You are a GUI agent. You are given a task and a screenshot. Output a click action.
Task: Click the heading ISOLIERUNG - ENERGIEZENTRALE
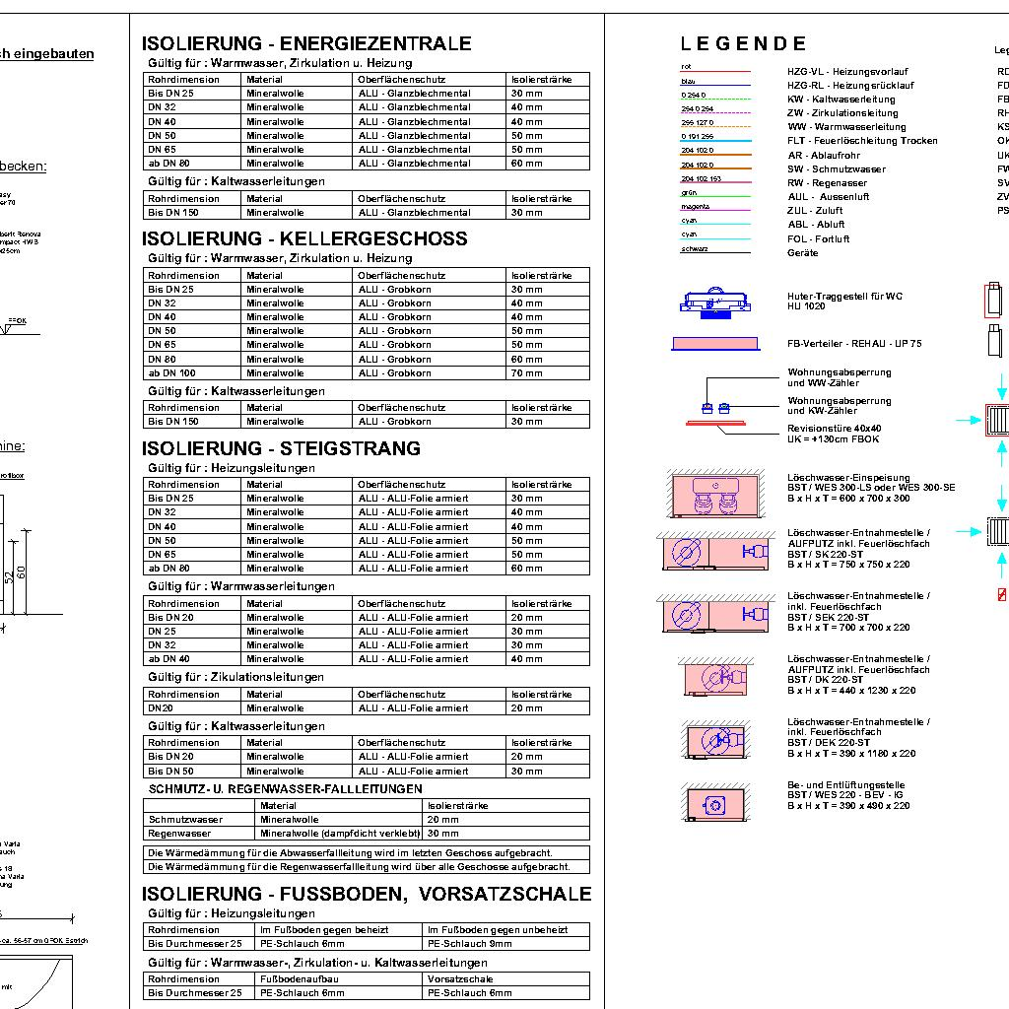click(306, 43)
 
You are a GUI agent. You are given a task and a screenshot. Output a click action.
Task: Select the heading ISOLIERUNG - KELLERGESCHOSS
click(304, 238)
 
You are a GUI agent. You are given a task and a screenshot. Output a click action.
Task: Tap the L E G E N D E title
click(743, 43)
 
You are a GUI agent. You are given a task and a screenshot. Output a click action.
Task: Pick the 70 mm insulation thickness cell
click(526, 373)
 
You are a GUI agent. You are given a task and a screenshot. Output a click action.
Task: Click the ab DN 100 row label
click(172, 373)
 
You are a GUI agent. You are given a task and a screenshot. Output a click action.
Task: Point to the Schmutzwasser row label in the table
click(185, 819)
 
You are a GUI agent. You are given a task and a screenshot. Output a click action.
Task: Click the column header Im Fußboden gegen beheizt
click(323, 929)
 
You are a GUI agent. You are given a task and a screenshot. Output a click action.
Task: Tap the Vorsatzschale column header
click(460, 978)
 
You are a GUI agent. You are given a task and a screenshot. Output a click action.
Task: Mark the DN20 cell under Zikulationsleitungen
click(161, 707)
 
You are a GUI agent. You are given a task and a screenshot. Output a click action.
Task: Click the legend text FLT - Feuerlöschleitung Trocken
click(862, 141)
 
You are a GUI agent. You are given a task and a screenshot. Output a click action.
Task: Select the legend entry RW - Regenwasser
click(827, 182)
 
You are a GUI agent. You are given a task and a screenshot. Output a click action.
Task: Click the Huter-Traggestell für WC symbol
click(716, 301)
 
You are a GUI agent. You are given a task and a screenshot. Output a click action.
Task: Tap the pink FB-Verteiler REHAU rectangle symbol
click(716, 343)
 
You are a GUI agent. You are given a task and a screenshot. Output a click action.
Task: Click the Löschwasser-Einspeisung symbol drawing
click(714, 496)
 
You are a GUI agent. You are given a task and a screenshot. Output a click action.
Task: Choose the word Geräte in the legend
click(802, 252)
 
